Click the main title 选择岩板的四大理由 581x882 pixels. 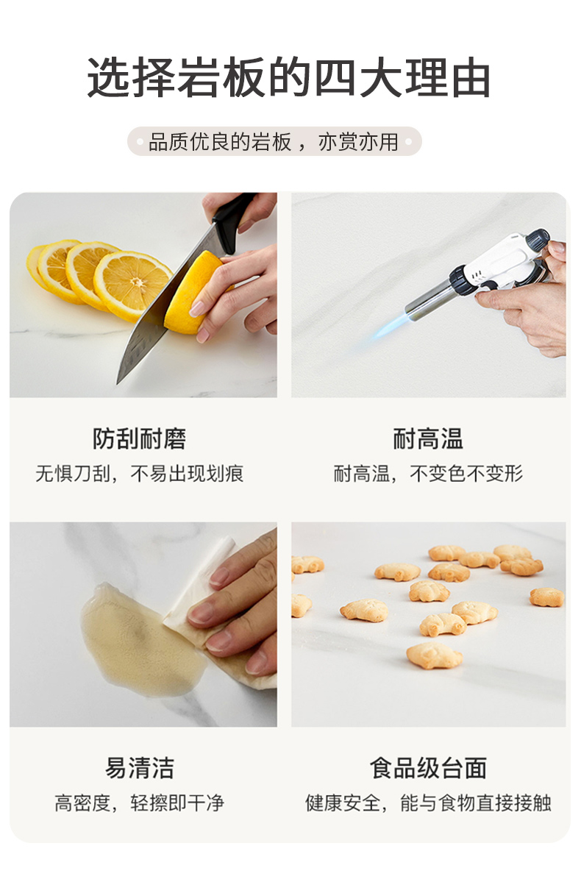tap(289, 77)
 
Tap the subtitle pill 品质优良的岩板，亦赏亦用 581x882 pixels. tap(274, 141)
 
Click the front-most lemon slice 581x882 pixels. tap(132, 285)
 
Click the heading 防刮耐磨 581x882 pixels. tap(140, 438)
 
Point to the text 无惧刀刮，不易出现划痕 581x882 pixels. tap(140, 474)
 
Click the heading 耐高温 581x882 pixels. tap(428, 438)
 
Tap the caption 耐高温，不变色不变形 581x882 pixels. tap(428, 474)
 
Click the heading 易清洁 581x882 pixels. tap(140, 768)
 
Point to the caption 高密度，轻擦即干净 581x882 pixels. tap(140, 803)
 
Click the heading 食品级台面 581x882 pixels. tap(428, 768)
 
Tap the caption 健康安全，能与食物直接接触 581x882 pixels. tap(428, 803)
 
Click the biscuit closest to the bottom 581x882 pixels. tap(434, 656)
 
